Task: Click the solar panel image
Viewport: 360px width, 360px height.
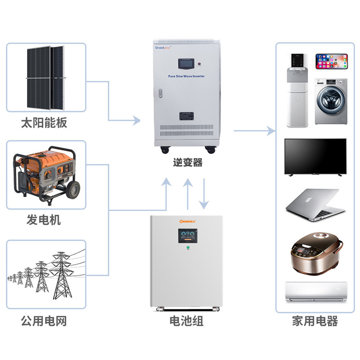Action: [45, 78]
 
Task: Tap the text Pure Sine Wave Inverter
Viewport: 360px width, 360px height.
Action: [186, 76]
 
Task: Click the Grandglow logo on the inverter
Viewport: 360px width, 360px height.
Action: [164, 46]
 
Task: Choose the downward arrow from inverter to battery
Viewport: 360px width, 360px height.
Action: [205, 191]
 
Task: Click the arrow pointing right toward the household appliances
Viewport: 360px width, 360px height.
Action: [254, 131]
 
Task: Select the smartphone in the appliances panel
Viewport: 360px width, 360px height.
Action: [332, 62]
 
